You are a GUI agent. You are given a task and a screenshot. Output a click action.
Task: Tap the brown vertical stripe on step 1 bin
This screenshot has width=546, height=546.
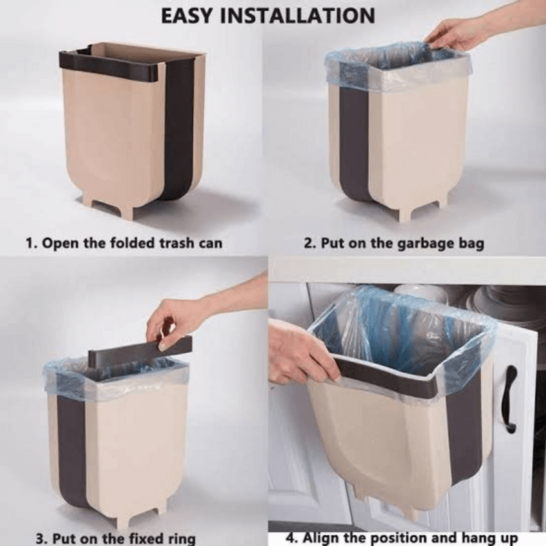(x=179, y=130)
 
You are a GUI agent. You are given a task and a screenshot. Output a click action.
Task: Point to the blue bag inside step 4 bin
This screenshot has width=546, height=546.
(x=396, y=328)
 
